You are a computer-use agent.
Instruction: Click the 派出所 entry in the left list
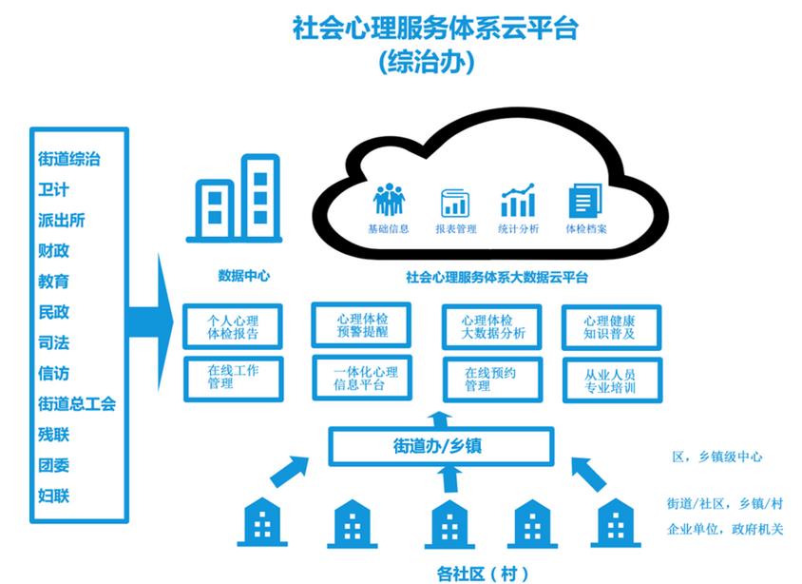pyautogui.click(x=62, y=221)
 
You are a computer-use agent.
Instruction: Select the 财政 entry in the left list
pyautogui.click(x=54, y=251)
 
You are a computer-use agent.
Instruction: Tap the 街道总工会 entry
pyautogui.click(x=77, y=404)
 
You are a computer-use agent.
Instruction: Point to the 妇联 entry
pyautogui.click(x=54, y=496)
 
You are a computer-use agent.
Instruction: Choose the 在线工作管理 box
pyautogui.click(x=233, y=378)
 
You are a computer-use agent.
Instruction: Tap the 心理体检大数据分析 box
pyautogui.click(x=492, y=327)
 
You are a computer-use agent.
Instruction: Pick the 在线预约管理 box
pyautogui.click(x=492, y=379)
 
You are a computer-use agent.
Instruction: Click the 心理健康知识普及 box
pyautogui.click(x=611, y=327)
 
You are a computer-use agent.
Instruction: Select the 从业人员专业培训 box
pyautogui.click(x=611, y=380)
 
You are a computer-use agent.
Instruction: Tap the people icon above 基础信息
pyautogui.click(x=389, y=201)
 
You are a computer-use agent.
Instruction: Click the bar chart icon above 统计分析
pyautogui.click(x=518, y=202)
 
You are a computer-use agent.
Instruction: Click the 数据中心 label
pyautogui.click(x=243, y=277)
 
